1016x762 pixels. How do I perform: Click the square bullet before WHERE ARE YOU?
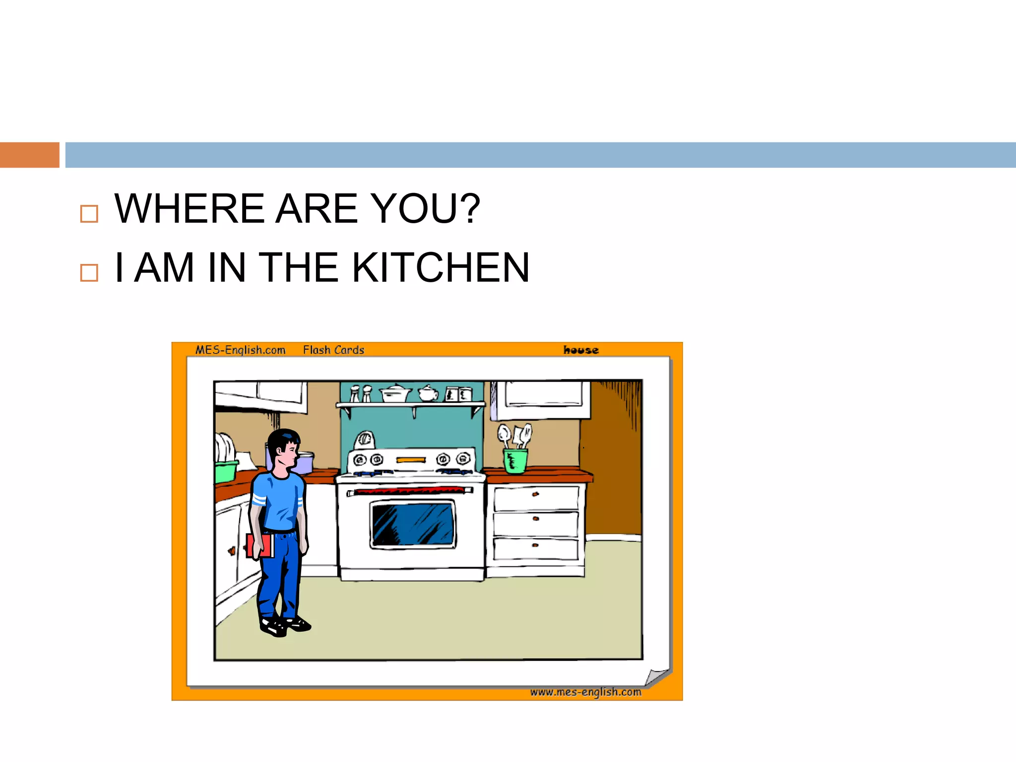(89, 214)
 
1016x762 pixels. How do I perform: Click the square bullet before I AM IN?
(89, 272)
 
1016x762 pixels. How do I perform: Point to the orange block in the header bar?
(29, 155)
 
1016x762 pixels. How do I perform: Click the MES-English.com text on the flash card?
(240, 350)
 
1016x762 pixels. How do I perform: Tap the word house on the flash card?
(580, 350)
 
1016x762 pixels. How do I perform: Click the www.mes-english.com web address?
(585, 692)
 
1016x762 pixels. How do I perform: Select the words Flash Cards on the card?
(333, 350)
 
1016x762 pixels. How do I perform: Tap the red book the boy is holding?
(259, 545)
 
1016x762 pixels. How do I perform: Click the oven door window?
(412, 524)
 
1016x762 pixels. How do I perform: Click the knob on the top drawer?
(535, 494)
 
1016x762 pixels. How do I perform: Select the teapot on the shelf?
(428, 393)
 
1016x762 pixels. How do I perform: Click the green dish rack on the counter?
(226, 471)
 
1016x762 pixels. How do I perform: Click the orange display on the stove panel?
(411, 460)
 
